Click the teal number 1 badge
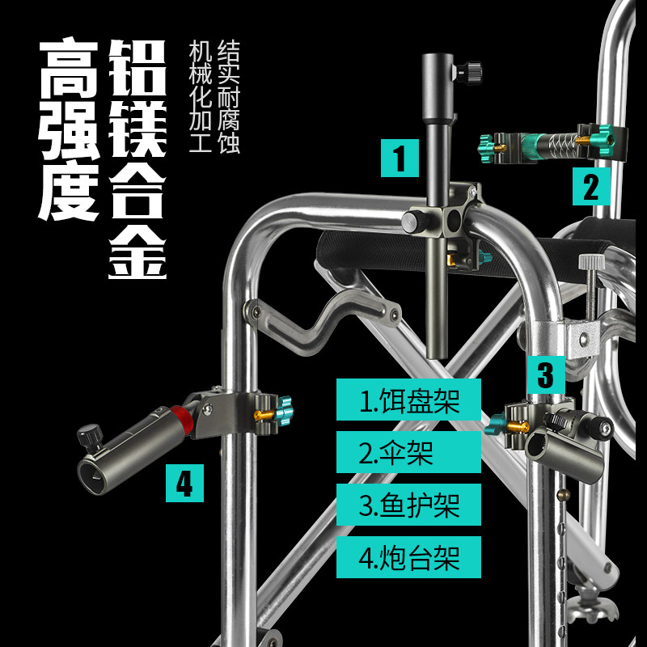[400, 157]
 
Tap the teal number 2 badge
[592, 187]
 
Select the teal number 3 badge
[546, 374]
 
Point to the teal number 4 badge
[184, 483]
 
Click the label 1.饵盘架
[408, 400]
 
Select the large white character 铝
[137, 68]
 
